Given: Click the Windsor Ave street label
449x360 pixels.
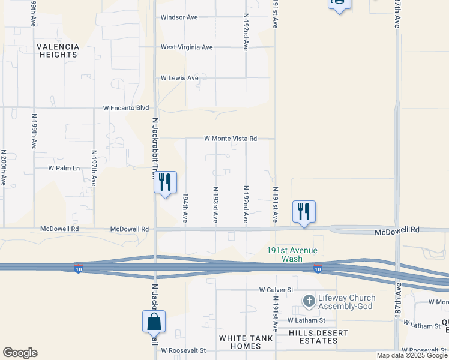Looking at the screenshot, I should [x=179, y=17].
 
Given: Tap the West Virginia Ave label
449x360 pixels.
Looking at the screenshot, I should [x=187, y=47].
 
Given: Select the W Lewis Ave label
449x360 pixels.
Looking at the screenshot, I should [x=179, y=78].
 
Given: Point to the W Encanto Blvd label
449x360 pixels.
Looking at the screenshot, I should [x=125, y=108].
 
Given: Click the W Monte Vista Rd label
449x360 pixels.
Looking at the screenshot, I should [x=231, y=139].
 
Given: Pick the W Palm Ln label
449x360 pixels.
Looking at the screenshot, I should [x=64, y=168].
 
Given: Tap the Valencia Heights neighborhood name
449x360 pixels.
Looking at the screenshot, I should [x=58, y=50].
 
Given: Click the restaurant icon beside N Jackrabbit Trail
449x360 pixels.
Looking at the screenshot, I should [x=165, y=182].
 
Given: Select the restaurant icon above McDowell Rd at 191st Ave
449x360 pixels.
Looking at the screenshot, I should [x=304, y=211].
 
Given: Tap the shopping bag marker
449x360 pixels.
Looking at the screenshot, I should [x=154, y=321].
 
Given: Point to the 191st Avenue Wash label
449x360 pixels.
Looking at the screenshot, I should [x=292, y=254].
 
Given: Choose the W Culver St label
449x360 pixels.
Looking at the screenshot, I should [x=276, y=289].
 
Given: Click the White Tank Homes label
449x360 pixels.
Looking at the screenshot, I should [x=246, y=343].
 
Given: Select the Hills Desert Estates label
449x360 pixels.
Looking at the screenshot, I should [x=313, y=337].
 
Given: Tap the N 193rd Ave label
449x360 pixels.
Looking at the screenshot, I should [x=215, y=204].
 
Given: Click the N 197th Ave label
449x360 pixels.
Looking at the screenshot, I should [x=94, y=169].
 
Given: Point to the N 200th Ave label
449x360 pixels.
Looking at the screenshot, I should [x=4, y=167].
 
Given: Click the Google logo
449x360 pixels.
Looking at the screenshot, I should [x=20, y=353].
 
